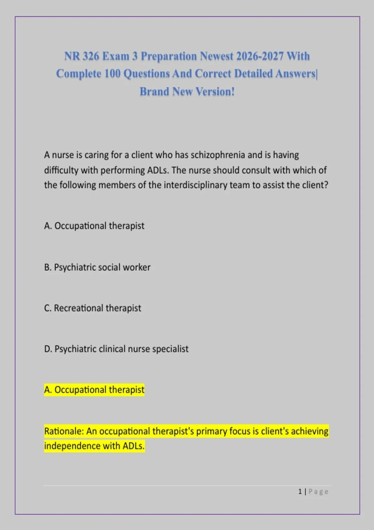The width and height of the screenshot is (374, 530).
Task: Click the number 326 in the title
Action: [x=91, y=56]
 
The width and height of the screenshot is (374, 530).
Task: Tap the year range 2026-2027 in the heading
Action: [x=260, y=56]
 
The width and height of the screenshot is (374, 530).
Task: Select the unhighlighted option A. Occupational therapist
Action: [x=94, y=226]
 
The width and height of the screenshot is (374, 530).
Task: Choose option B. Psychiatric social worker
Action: [x=97, y=267]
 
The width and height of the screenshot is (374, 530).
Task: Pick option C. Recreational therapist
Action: [x=93, y=308]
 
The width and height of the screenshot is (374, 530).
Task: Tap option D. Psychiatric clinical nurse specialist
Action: [x=116, y=349]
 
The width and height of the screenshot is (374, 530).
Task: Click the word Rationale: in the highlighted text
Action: [x=64, y=431]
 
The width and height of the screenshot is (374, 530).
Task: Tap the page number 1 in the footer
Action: [x=300, y=492]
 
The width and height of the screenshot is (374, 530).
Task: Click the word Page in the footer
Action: [x=318, y=492]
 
